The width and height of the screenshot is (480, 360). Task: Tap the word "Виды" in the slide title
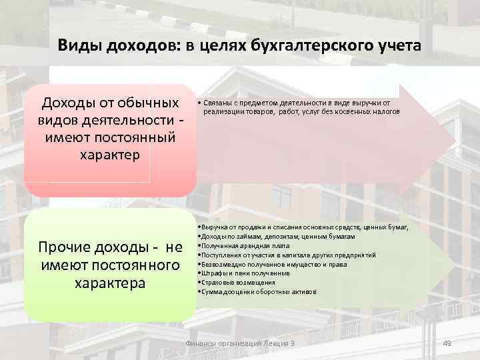[x=76, y=46]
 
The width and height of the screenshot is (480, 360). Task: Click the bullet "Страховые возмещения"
[x=234, y=283]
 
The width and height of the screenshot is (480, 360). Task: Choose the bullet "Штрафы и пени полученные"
[x=244, y=273]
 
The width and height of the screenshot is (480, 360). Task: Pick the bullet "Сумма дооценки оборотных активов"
[x=249, y=292]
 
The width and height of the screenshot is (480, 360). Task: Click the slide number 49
[x=447, y=343]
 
